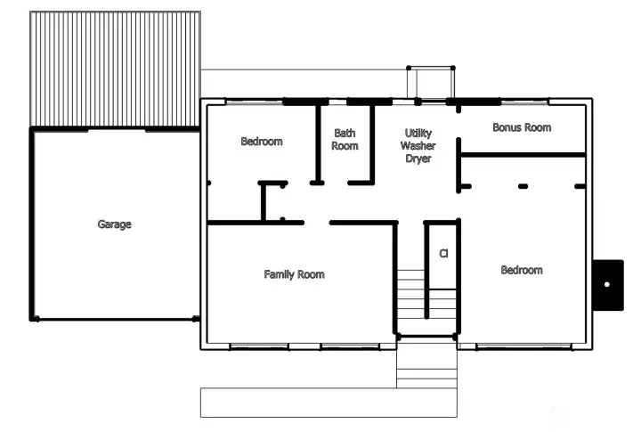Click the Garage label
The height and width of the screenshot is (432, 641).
115,224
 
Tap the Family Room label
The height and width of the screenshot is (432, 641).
295,274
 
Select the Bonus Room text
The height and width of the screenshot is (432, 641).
522,127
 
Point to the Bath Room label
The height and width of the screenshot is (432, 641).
345,140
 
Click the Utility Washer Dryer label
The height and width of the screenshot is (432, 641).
418,146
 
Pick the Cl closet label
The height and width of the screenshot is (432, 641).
443,254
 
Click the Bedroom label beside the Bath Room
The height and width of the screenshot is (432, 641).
262,142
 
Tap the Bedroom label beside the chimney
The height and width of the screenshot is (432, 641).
522,270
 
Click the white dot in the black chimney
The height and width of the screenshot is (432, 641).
607,284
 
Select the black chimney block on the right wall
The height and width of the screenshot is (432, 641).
608,285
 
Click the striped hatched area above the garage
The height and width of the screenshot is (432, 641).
115,69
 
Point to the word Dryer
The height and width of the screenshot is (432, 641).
418,159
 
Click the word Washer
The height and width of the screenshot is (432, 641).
418,146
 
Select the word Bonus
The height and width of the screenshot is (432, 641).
507,127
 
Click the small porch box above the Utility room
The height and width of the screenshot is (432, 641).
431,83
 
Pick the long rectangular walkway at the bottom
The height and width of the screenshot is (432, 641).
329,403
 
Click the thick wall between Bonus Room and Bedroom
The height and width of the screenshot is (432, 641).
523,155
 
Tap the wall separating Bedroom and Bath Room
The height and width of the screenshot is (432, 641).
318,143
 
